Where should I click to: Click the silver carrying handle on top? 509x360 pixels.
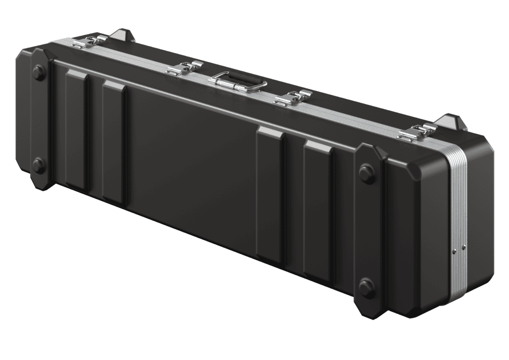click(x=238, y=82)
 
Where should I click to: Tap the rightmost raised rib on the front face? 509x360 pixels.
click(x=318, y=210)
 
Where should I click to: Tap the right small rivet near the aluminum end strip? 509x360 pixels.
click(x=464, y=245)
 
